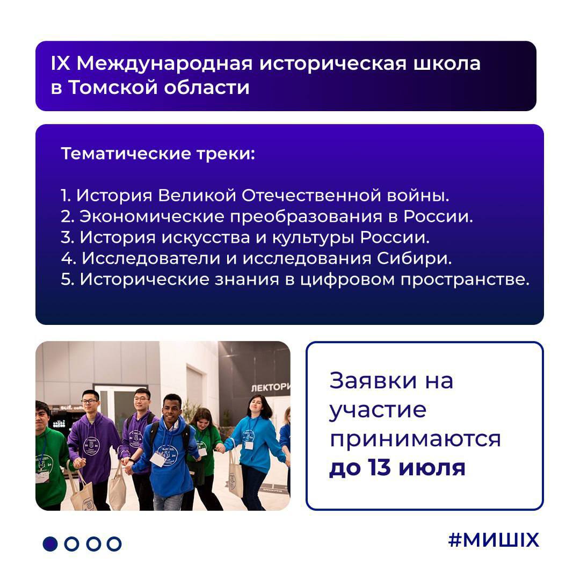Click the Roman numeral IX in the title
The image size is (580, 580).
[x=60, y=63]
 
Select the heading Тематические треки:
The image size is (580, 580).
[x=158, y=154]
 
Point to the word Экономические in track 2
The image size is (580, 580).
[x=151, y=216]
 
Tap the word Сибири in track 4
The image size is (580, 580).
[x=414, y=258]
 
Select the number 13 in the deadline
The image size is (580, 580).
[x=380, y=467]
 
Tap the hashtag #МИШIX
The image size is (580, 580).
[x=494, y=540]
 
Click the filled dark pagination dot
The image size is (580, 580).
[x=50, y=543]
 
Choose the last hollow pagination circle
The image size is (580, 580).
[x=114, y=543]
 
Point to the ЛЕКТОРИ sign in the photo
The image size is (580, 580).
[x=270, y=387]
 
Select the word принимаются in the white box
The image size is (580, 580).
[x=415, y=439]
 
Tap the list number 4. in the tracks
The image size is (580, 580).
[x=68, y=258]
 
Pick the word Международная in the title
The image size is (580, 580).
[x=164, y=63]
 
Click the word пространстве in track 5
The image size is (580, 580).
[x=465, y=280]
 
